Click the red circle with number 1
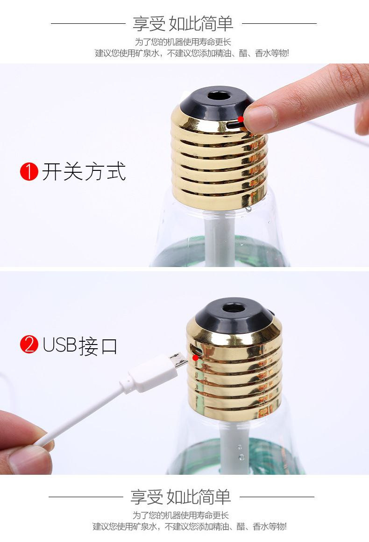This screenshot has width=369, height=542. click(x=29, y=172)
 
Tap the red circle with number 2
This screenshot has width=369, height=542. click(x=29, y=344)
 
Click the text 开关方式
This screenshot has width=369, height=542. click(x=84, y=172)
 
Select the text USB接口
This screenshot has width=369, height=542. click(x=80, y=345)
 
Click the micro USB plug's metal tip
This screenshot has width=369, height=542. click(x=179, y=360)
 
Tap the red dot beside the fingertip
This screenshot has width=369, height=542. click(x=241, y=119)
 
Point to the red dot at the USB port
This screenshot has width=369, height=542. click(x=195, y=358)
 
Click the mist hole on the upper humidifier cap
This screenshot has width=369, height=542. click(x=219, y=95)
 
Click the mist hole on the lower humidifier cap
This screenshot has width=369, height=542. click(x=234, y=308)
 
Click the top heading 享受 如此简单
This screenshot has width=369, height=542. click(x=183, y=23)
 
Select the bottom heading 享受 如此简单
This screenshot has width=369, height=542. click(x=180, y=497)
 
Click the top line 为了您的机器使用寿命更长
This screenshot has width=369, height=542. click(x=183, y=42)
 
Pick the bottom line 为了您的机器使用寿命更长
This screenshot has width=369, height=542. click(x=180, y=515)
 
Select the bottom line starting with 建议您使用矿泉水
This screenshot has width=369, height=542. click(x=190, y=527)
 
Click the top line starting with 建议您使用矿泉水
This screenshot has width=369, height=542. click(x=192, y=53)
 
